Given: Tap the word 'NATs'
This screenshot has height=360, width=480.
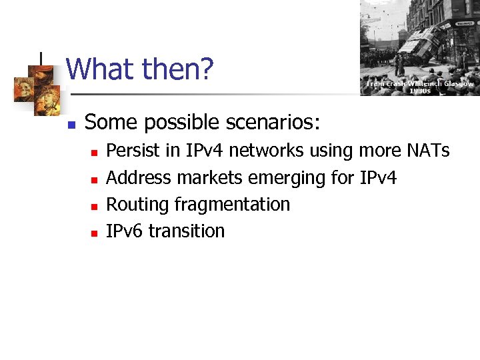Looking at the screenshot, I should click(427, 151).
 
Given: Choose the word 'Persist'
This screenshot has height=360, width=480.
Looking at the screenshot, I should click(134, 151).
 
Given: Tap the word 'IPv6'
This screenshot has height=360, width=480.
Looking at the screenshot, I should click(125, 231).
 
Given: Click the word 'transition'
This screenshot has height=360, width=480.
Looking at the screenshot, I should click(187, 231).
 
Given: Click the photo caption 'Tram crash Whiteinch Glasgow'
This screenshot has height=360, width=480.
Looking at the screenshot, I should click(420, 84).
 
